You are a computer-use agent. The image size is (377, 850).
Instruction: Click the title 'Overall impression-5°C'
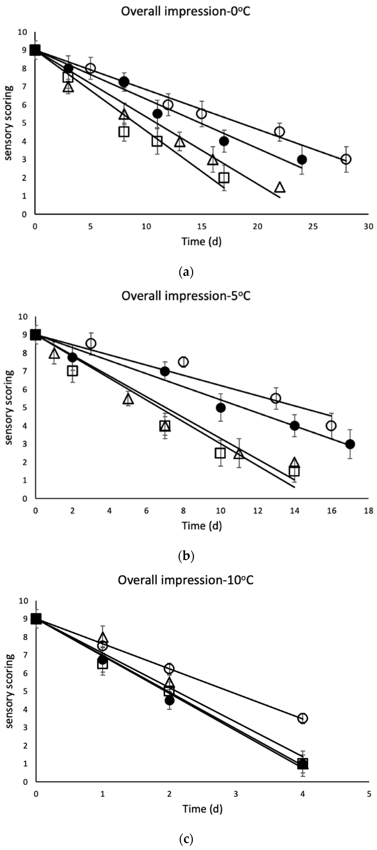[x=186, y=296]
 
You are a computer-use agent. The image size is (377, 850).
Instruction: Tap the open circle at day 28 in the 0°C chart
[x=346, y=159]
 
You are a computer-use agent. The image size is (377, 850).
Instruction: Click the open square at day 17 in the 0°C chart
[x=224, y=178]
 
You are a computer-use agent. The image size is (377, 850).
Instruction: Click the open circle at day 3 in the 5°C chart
[x=91, y=344]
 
